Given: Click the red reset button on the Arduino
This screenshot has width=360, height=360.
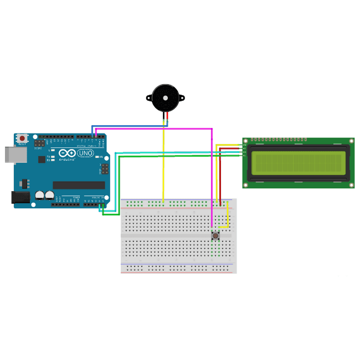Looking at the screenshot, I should coord(22,137).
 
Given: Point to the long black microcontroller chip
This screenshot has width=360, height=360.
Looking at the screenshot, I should coord(78,184).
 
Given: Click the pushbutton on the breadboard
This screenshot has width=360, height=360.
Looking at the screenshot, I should coord(215,236).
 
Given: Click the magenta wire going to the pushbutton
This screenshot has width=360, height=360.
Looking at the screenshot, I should coord(212,177).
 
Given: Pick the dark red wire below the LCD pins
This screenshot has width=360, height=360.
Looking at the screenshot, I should coord(220,177).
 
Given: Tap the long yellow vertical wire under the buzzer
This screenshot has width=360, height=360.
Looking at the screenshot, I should coord(163,166).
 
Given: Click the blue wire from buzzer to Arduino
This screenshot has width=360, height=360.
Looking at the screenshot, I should coord(127,126).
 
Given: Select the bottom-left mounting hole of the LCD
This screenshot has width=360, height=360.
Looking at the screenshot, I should coord(246,185).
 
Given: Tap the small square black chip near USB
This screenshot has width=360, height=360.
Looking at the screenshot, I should coord(42,159).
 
